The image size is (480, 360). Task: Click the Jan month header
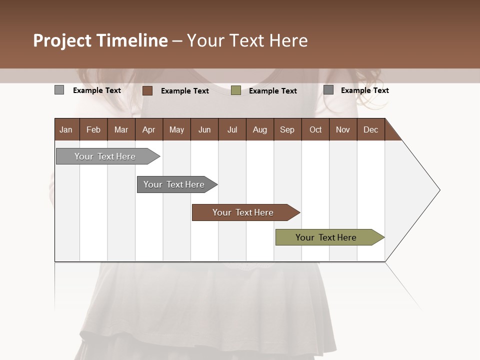point(66,129)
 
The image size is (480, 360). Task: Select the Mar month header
point(121,129)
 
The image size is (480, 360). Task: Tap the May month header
point(176,129)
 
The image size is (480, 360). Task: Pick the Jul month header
point(232,129)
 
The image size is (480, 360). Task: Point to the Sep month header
point(287,129)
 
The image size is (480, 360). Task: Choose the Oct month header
point(315,129)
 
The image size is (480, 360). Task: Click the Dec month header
point(370,129)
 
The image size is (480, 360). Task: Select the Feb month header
point(93,129)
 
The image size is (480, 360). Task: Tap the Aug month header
point(259,129)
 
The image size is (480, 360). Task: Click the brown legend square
point(147,90)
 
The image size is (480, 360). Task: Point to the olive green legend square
point(236,90)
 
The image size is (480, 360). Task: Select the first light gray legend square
point(59,90)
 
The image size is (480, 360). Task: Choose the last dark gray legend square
point(328,90)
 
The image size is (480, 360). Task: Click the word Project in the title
point(62,40)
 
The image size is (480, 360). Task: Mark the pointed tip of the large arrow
point(439,190)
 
